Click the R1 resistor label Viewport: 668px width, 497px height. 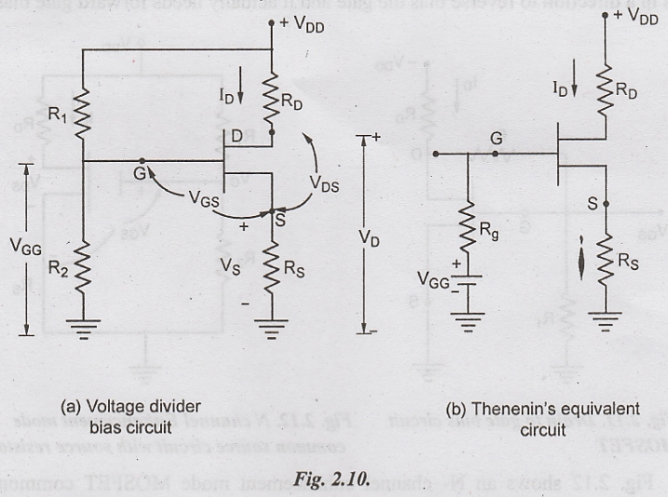[59, 115]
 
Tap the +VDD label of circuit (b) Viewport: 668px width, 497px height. [635, 15]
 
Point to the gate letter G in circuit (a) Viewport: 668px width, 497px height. [140, 174]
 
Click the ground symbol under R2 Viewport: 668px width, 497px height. [82, 327]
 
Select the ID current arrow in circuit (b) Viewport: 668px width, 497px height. [574, 89]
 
